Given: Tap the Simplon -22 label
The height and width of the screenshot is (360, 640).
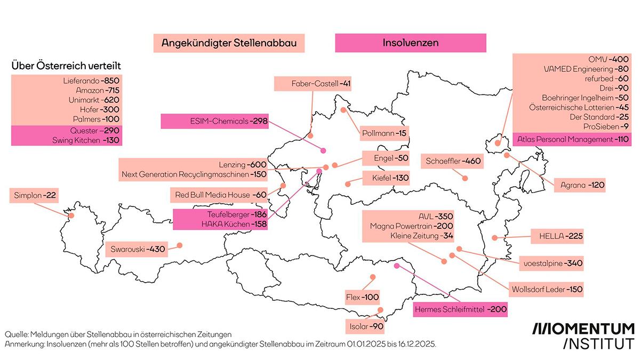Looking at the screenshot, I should pos(33,196).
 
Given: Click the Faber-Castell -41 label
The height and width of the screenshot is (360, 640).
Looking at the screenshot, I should pos(313,84).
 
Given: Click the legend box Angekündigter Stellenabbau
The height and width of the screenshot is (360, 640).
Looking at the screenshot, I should pos(229,43).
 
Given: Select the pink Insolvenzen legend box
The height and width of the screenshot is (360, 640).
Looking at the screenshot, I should pos(410,43).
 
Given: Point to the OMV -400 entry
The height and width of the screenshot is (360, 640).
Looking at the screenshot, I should pos(607,59).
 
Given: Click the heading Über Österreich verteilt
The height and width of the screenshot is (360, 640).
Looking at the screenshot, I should pos(66,66).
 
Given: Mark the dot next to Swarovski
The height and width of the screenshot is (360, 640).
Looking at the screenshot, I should pos(179,245).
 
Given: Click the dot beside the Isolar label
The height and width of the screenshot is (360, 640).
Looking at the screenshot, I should pos(380,309).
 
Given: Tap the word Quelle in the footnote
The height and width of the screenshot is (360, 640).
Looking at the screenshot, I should pos(16,334).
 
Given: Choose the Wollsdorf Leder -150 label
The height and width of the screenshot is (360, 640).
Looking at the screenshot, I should pos(545,289).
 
